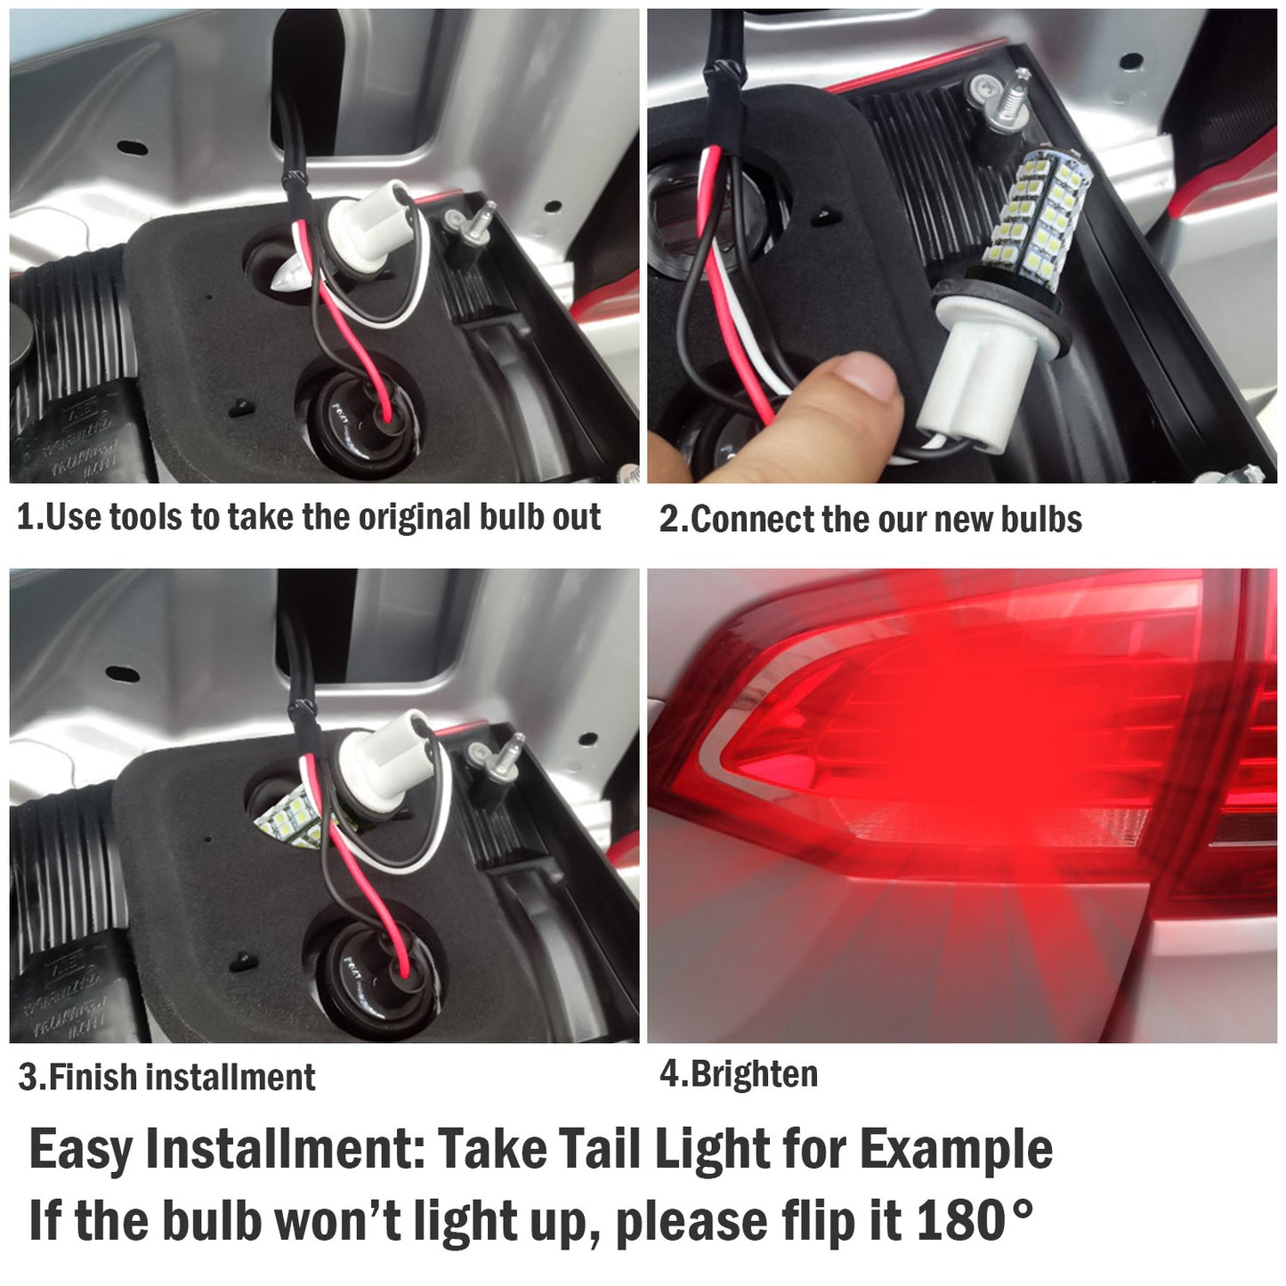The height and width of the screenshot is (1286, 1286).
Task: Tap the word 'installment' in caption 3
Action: click(231, 1078)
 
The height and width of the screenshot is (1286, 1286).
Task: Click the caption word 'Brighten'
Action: click(753, 1074)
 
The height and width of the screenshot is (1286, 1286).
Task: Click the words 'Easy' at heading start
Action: click(81, 1149)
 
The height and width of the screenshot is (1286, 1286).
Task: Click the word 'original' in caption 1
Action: click(405, 518)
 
